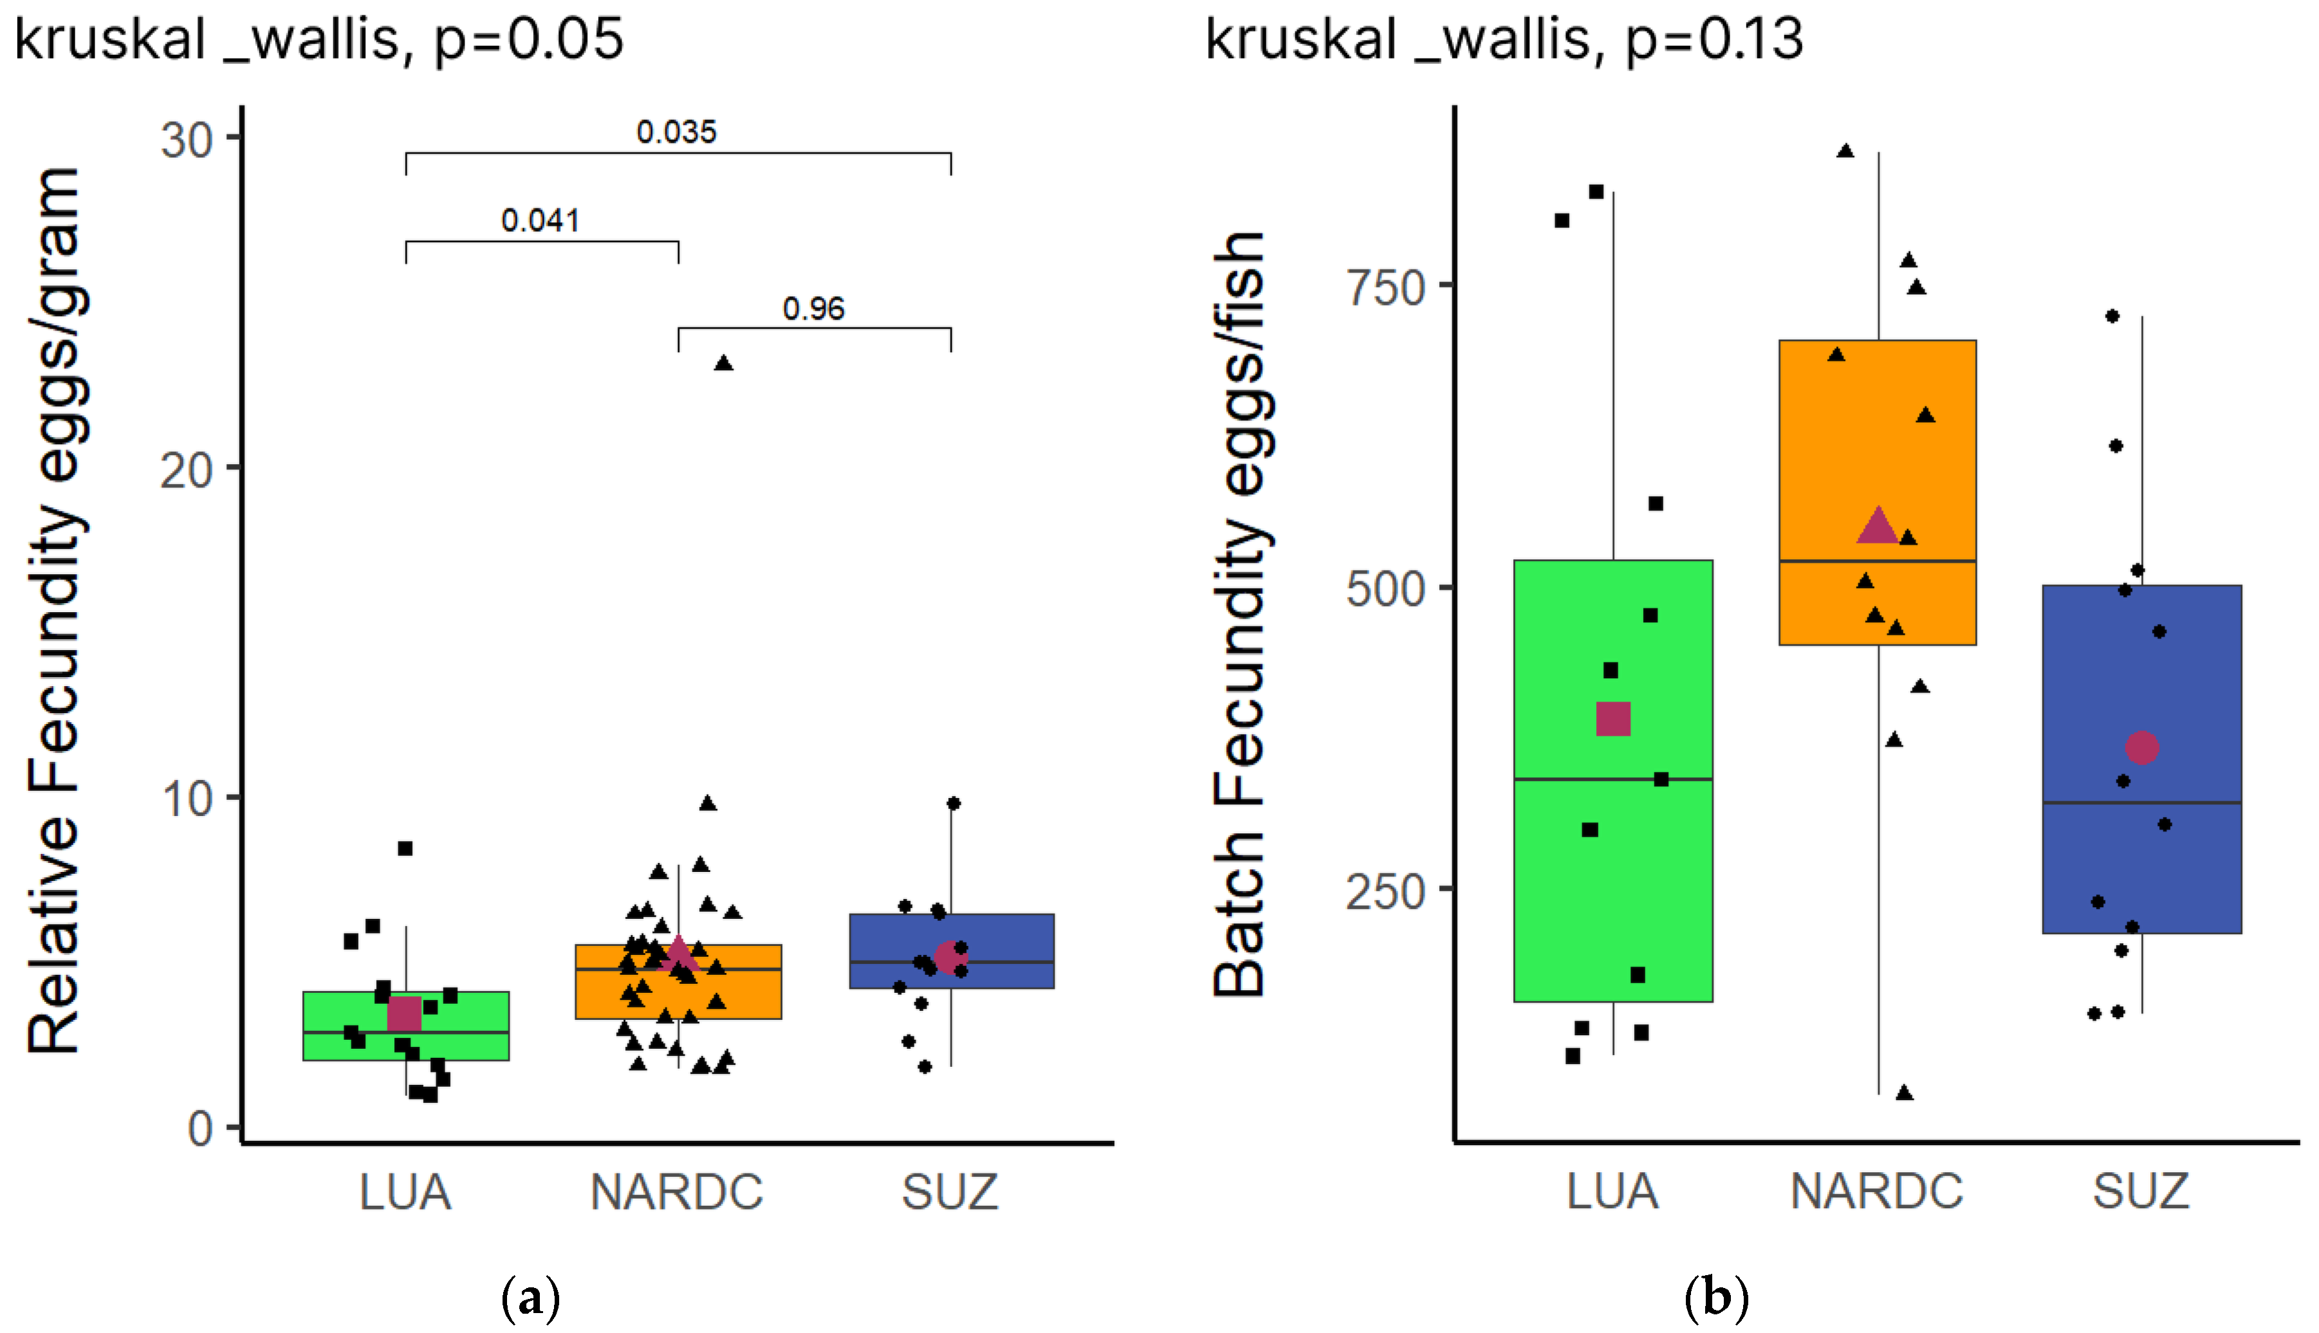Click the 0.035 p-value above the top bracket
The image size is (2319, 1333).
click(x=676, y=132)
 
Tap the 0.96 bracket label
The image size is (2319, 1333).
click(x=813, y=309)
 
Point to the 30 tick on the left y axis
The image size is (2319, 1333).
click(x=187, y=140)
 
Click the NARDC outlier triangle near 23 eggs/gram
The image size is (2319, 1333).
click(x=723, y=363)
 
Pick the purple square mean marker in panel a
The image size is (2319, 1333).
click(x=404, y=1013)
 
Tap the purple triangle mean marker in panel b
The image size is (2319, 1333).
click(x=1877, y=525)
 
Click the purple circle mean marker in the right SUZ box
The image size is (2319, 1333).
click(x=2141, y=747)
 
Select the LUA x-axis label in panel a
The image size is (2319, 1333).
click(x=405, y=1192)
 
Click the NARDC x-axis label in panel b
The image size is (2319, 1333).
click(x=1876, y=1192)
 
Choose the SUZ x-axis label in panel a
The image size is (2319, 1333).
click(x=950, y=1192)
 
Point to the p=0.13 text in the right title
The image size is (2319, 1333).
click(x=1714, y=41)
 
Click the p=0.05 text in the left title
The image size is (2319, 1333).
click(x=528, y=41)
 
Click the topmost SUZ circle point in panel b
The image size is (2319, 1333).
click(x=2112, y=316)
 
